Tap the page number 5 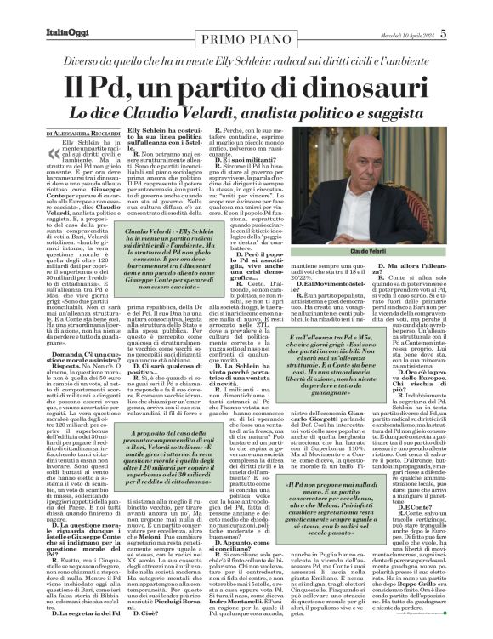480,10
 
